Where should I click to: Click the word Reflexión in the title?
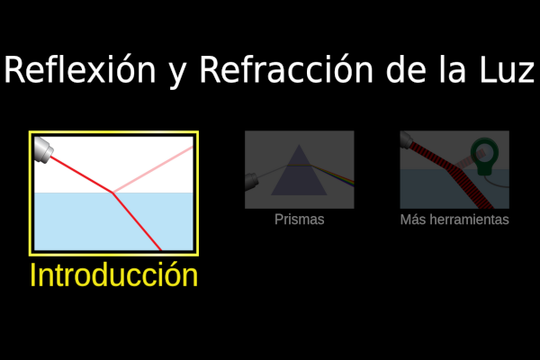[x=80, y=69]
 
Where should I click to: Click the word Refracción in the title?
[x=286, y=69]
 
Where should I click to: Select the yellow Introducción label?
[x=114, y=274]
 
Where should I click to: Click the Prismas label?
[x=300, y=220]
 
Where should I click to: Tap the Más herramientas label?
[x=454, y=220]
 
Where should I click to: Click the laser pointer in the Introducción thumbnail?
[x=43, y=149]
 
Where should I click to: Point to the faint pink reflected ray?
[x=153, y=169]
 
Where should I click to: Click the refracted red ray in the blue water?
[x=137, y=221]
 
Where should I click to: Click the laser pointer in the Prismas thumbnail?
[x=251, y=181]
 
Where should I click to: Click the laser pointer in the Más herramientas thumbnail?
[x=407, y=139]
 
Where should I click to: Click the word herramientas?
[x=468, y=220]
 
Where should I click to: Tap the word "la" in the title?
[x=454, y=69]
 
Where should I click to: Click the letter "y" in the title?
[x=177, y=74]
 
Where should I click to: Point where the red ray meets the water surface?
[x=112, y=193]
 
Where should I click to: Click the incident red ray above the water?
[x=82, y=175]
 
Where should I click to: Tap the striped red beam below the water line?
[x=472, y=189]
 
